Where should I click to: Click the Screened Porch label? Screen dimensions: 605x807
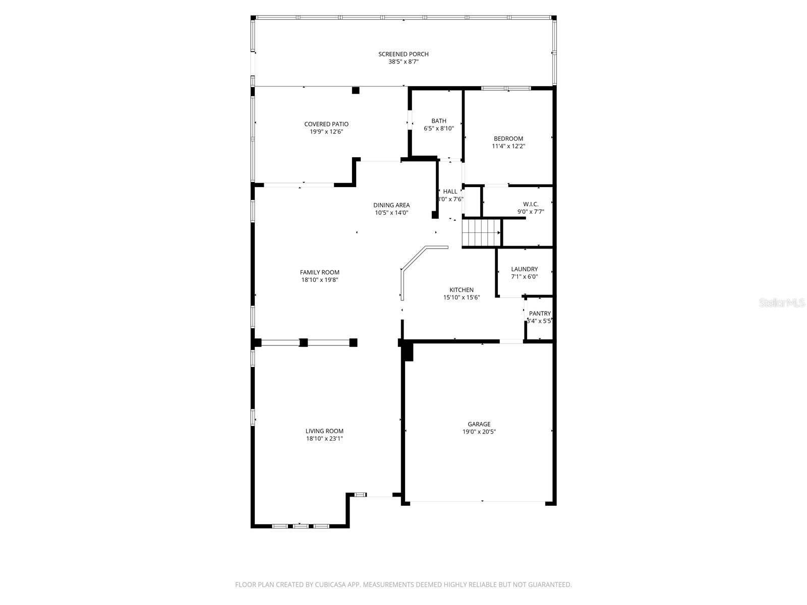point(403,54)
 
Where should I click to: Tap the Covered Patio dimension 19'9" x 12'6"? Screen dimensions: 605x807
point(326,132)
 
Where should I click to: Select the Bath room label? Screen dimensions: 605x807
point(439,120)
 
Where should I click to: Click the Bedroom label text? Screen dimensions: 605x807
point(508,138)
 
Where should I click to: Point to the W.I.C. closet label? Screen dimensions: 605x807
point(531,204)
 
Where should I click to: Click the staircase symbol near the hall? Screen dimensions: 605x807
point(481,232)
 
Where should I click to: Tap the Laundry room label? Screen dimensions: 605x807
point(524,269)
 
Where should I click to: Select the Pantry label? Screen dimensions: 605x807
point(540,313)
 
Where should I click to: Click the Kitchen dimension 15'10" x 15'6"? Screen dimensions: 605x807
point(462,297)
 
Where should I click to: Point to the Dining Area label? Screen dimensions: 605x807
point(391,205)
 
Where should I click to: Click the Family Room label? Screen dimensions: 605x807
point(320,272)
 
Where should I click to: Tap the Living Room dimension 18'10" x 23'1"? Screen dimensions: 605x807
point(324,439)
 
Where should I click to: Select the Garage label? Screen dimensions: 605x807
point(479,424)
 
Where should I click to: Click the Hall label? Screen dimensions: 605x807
point(450,191)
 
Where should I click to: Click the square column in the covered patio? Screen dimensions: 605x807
point(356,90)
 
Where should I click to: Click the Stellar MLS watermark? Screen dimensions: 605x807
point(782,303)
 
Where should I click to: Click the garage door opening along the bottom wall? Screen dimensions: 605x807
point(478,502)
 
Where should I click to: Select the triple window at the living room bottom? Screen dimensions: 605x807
point(301,526)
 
